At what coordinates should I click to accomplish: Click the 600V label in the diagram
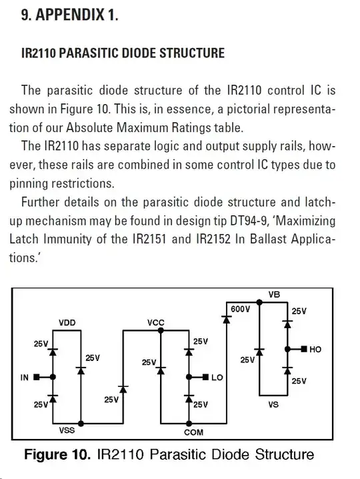[241, 310]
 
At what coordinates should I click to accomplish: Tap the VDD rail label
[68, 323]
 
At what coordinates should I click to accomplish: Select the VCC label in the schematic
[156, 323]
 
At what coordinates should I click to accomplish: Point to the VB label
[274, 294]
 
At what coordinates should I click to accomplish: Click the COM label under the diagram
[193, 432]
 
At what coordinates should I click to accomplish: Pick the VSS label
[67, 431]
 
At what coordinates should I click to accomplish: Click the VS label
[273, 404]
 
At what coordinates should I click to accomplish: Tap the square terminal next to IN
[37, 378]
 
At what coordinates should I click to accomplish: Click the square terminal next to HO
[303, 349]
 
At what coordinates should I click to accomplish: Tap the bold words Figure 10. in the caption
[57, 455]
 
